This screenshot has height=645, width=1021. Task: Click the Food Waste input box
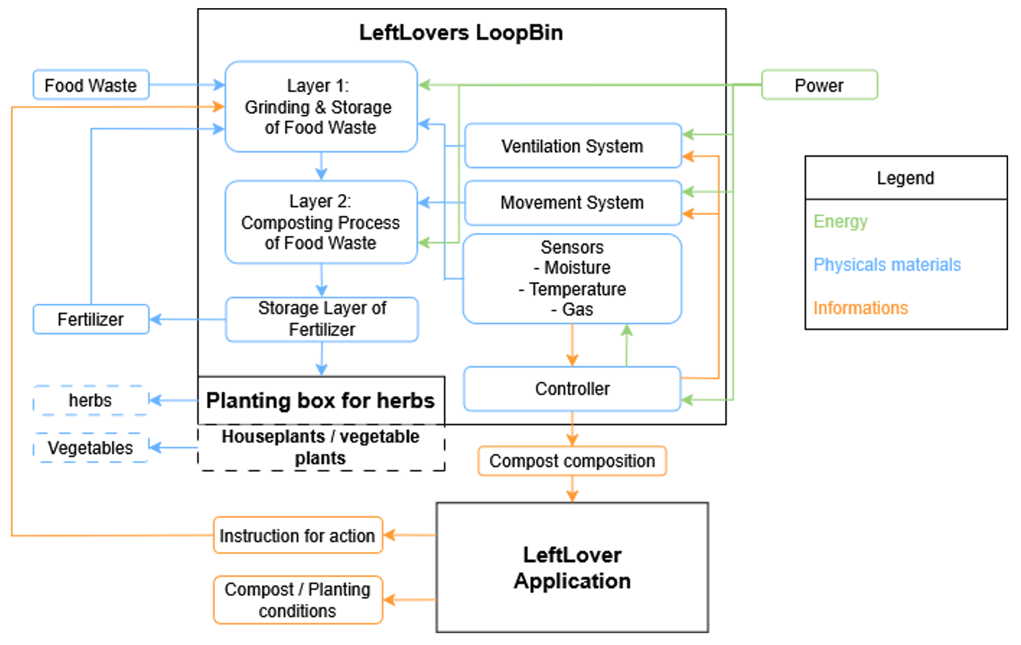[x=91, y=85]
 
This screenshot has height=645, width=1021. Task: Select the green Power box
[x=819, y=85]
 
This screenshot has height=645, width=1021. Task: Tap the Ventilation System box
[x=572, y=146]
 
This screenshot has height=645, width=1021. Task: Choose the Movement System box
[x=572, y=203]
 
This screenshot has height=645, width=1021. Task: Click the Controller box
[x=572, y=388]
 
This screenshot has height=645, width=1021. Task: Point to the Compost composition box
[x=572, y=461]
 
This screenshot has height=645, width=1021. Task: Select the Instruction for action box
[x=298, y=535]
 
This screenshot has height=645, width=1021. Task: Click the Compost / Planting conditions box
[x=298, y=600]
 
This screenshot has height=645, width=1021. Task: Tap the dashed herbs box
[x=91, y=400]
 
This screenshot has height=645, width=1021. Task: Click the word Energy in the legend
[x=840, y=221]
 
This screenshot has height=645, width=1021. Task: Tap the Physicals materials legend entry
[x=887, y=265]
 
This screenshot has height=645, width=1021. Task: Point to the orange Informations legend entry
[x=860, y=308]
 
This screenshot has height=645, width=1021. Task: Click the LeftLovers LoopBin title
[x=461, y=33]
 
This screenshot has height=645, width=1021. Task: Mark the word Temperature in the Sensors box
[x=577, y=289]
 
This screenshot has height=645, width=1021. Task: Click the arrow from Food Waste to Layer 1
[x=186, y=85]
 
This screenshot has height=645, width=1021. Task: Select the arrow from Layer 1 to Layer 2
[x=321, y=166]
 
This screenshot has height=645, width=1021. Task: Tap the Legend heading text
[x=905, y=178]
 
